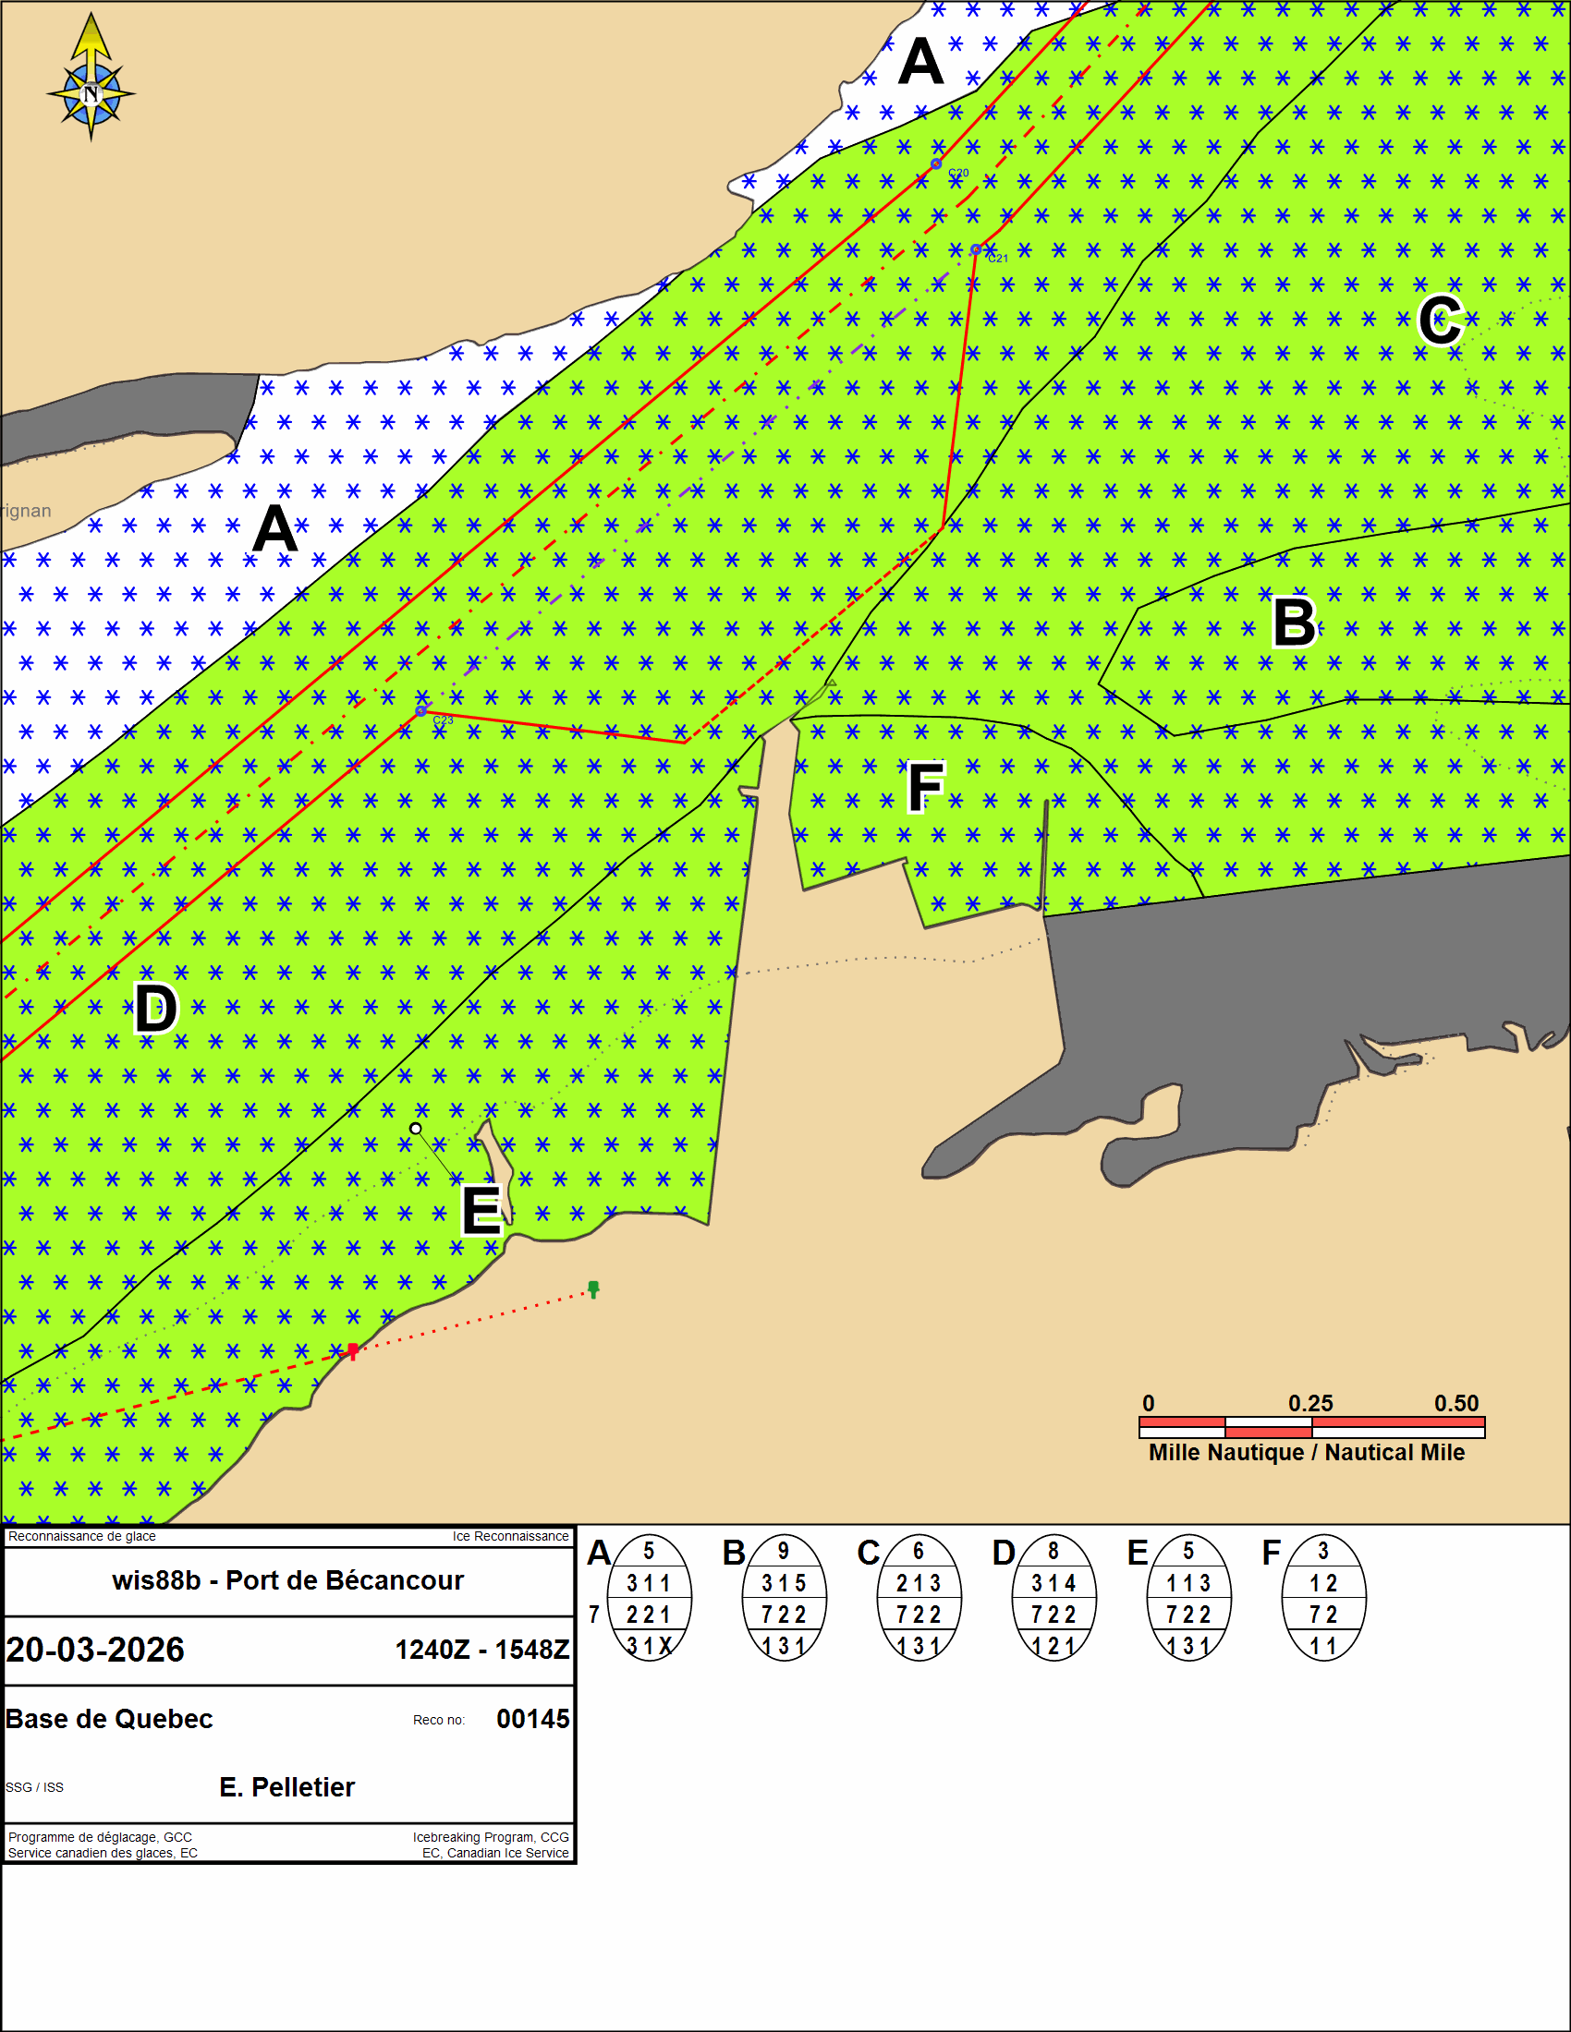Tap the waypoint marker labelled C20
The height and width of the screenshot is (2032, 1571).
pos(936,163)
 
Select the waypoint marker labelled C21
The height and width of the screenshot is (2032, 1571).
pos(976,249)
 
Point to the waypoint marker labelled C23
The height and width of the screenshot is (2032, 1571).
pos(420,711)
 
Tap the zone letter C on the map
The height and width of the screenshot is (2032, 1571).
pos(1441,321)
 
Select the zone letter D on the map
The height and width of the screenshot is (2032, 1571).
pos(155,1008)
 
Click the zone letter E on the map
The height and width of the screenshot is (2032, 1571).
pos(482,1210)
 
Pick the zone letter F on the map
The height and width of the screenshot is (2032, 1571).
pos(926,787)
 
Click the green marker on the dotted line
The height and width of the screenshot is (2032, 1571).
pos(594,1288)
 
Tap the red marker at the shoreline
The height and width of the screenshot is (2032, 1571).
pos(353,1351)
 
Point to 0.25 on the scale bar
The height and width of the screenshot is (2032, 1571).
pos(1310,1403)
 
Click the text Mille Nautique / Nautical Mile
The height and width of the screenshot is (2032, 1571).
pos(1307,1452)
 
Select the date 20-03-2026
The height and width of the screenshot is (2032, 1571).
pos(96,1650)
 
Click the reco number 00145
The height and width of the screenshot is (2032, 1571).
pos(533,1719)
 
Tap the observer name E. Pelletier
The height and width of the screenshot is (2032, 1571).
pos(286,1787)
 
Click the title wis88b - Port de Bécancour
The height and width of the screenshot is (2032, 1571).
pos(287,1580)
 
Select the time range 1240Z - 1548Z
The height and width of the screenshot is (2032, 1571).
pos(482,1650)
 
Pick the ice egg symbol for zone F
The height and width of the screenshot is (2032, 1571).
pos(1323,1598)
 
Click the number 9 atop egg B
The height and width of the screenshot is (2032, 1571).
pos(784,1551)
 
